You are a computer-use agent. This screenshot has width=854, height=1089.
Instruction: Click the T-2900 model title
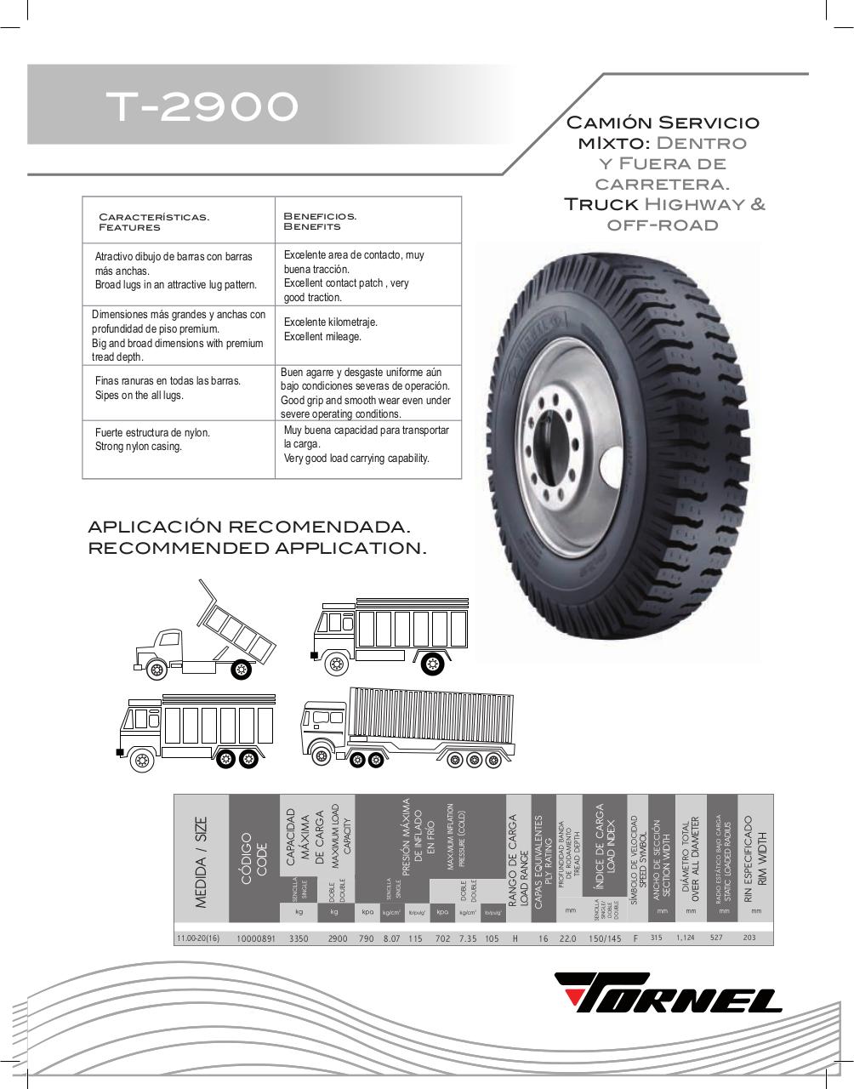coord(202,106)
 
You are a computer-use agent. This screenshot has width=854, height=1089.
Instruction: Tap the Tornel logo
coord(669,992)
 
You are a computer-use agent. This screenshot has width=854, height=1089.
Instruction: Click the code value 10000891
coord(255,938)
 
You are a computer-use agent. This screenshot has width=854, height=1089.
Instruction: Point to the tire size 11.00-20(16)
coord(198,938)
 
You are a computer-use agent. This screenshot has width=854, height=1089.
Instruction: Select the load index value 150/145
coord(605,938)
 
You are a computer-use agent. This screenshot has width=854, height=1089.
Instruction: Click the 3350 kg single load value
coord(298,938)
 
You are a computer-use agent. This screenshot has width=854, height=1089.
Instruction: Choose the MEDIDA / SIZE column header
coord(201,861)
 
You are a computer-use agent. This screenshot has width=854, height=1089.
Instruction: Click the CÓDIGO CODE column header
coord(254,859)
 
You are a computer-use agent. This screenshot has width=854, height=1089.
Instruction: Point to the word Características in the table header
coord(154,217)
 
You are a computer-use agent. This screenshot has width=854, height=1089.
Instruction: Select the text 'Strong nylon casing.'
coord(139,447)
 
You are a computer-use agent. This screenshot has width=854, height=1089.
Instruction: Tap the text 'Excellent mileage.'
coord(322,337)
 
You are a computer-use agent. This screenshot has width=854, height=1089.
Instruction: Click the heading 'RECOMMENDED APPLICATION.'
coord(257,548)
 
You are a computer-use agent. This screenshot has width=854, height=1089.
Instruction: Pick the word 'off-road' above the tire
coord(663,225)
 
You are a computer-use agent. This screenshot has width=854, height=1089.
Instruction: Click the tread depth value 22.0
coord(568,938)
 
